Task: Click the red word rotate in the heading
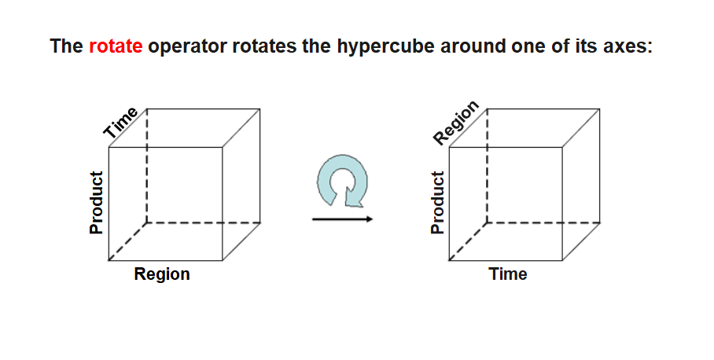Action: click(116, 46)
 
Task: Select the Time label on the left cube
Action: click(122, 123)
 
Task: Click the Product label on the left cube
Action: click(97, 202)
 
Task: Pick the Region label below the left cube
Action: click(162, 274)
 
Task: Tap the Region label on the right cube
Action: click(456, 123)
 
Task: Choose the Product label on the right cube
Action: click(436, 202)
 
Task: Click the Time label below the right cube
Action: click(508, 274)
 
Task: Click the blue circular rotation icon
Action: click(343, 184)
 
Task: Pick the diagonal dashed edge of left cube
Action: click(127, 241)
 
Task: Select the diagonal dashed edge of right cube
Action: click(468, 241)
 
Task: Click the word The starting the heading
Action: click(67, 46)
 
